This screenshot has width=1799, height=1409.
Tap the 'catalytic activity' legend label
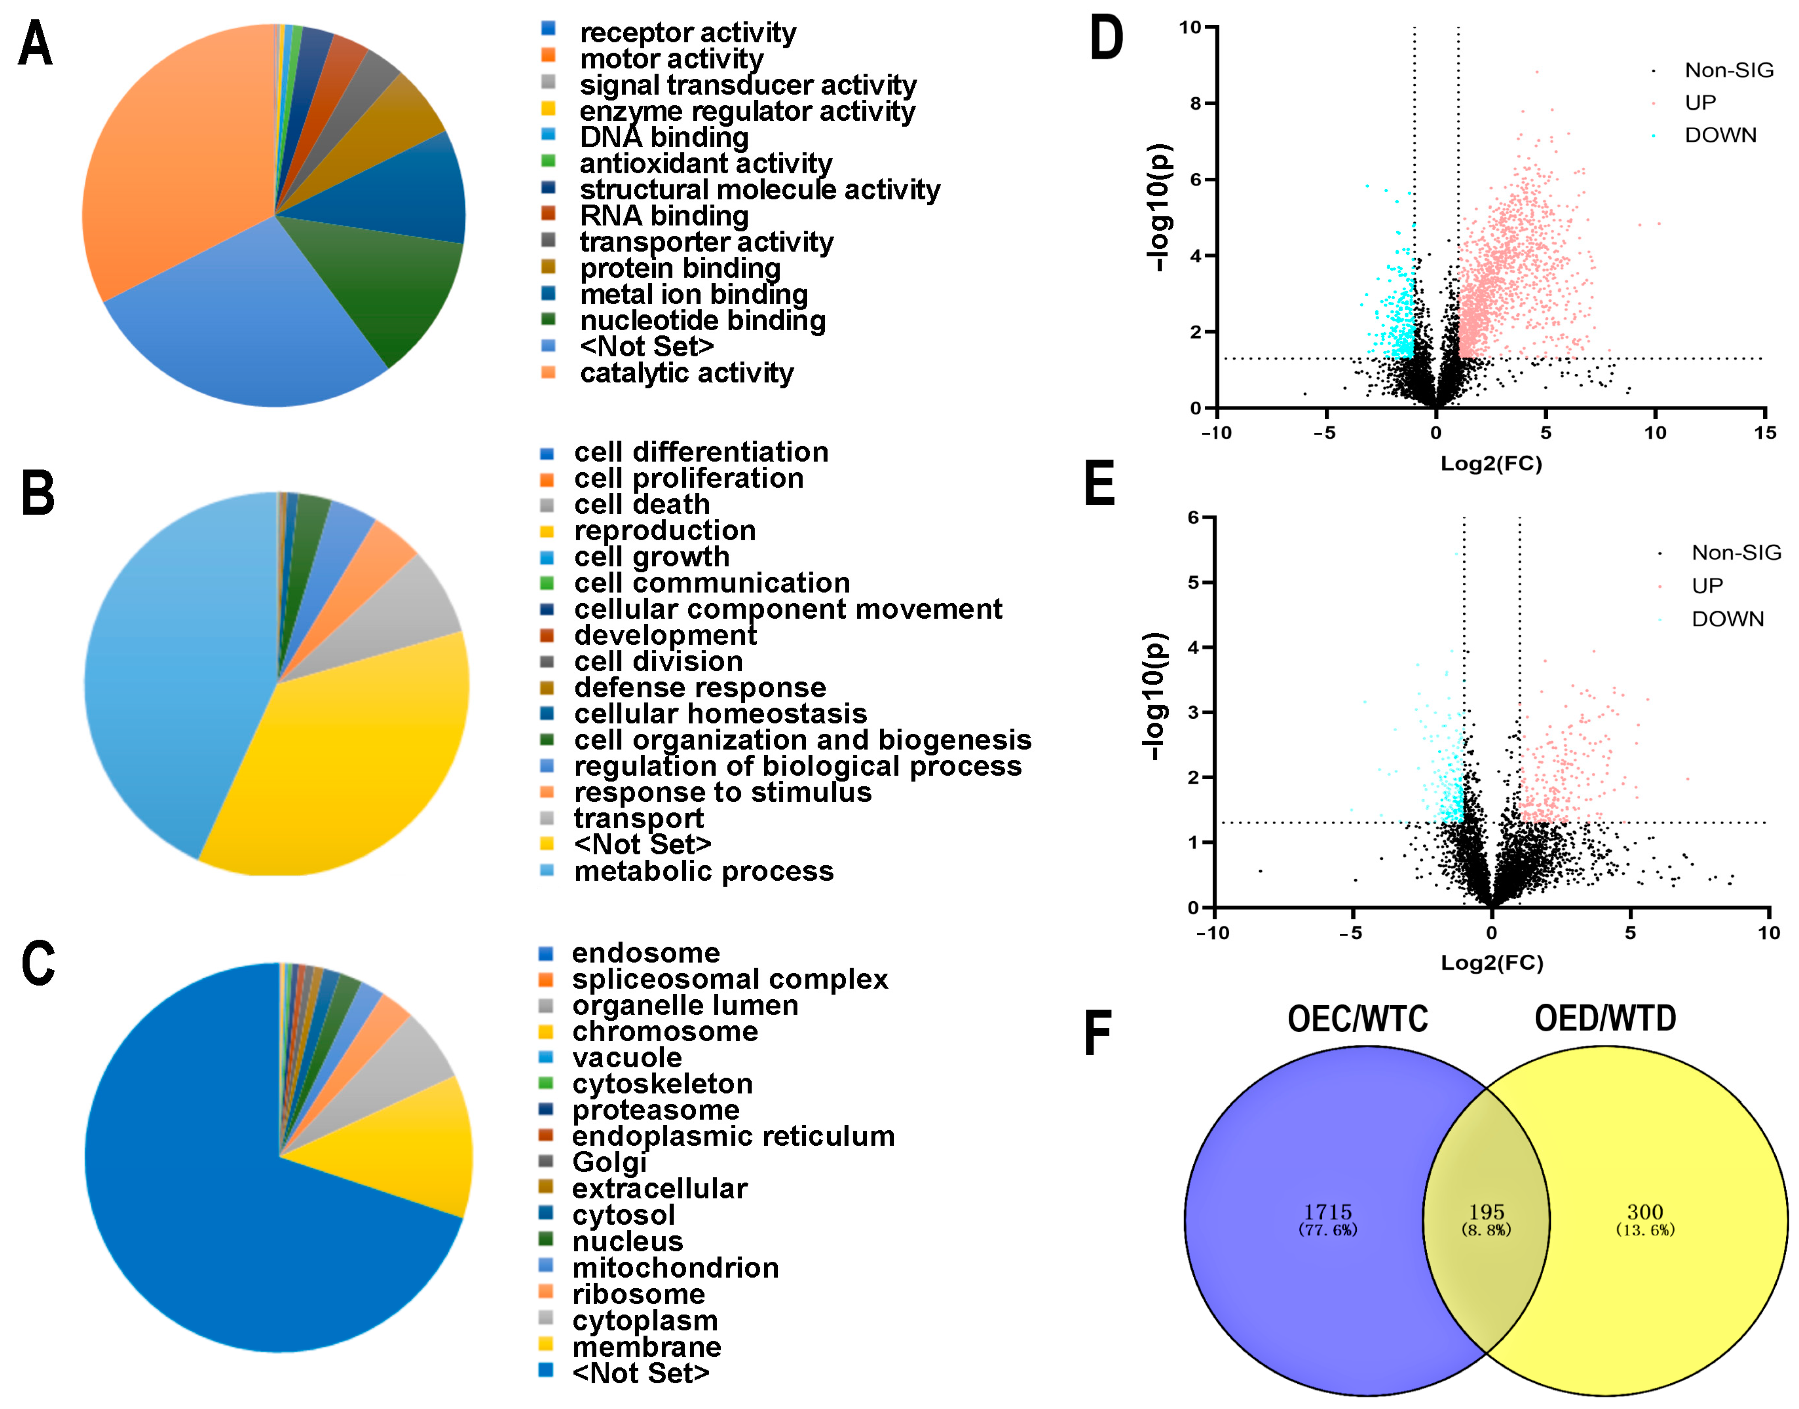[x=686, y=373]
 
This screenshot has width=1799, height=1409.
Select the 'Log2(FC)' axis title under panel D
[x=1490, y=464]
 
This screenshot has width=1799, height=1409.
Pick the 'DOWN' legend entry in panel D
[x=1720, y=135]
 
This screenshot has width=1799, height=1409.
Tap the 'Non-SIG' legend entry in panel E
[x=1736, y=553]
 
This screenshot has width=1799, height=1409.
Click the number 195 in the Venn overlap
[x=1487, y=1212]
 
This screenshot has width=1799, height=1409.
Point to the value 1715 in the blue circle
[x=1327, y=1212]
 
